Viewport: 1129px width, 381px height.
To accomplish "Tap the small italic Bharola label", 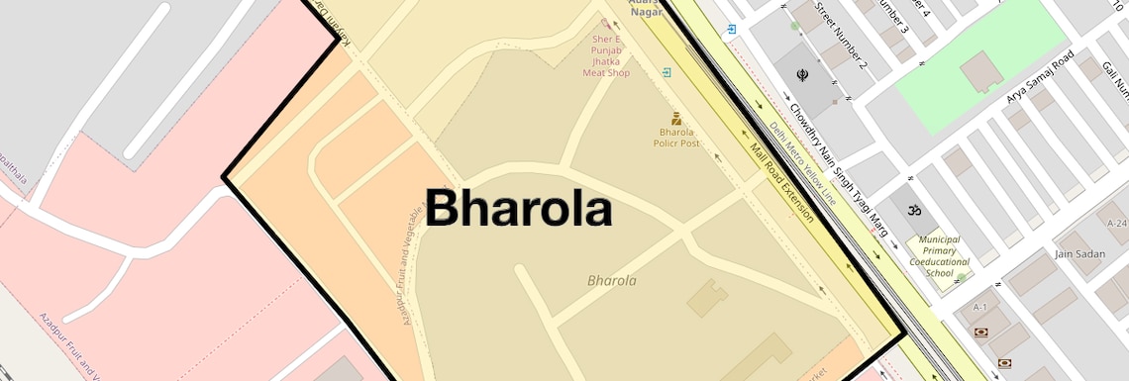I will pyautogui.click(x=612, y=281).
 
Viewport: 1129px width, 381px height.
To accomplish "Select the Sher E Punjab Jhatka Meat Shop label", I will pyautogui.click(x=605, y=55).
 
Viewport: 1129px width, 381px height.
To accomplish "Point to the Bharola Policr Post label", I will pyautogui.click(x=678, y=137).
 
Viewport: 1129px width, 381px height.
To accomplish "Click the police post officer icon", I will pyautogui.click(x=677, y=118).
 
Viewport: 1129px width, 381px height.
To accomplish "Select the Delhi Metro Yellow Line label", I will pyautogui.click(x=802, y=163).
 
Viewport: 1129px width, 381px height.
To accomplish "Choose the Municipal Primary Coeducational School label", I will pyautogui.click(x=939, y=256).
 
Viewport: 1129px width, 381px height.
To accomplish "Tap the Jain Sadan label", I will pyautogui.click(x=1079, y=254).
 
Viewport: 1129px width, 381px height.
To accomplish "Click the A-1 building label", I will pyautogui.click(x=980, y=308).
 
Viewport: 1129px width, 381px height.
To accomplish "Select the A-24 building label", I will pyautogui.click(x=1117, y=222).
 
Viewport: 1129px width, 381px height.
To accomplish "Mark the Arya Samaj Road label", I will pyautogui.click(x=1040, y=80).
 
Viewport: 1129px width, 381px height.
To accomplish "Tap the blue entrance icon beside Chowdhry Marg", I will pyautogui.click(x=731, y=30).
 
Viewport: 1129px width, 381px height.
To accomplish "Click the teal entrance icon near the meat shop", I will pyautogui.click(x=667, y=72).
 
